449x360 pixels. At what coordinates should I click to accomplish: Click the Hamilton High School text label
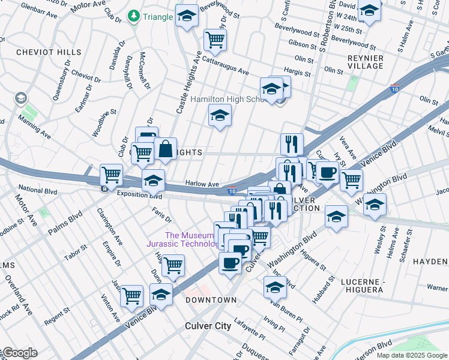coord(228,100)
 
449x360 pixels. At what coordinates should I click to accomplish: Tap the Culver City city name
coord(206,326)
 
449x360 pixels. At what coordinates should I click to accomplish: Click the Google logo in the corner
coord(19,353)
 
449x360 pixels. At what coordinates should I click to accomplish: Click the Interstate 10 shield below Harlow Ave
coord(232,191)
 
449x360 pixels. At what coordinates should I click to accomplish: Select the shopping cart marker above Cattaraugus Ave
coord(214,40)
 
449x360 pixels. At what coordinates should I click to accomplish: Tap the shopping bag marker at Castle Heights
coord(165,149)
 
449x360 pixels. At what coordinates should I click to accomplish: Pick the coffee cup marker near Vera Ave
coord(327,172)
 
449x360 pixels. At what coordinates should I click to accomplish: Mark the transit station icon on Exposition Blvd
coord(105,188)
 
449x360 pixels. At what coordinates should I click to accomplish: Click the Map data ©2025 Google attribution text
coord(412,355)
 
